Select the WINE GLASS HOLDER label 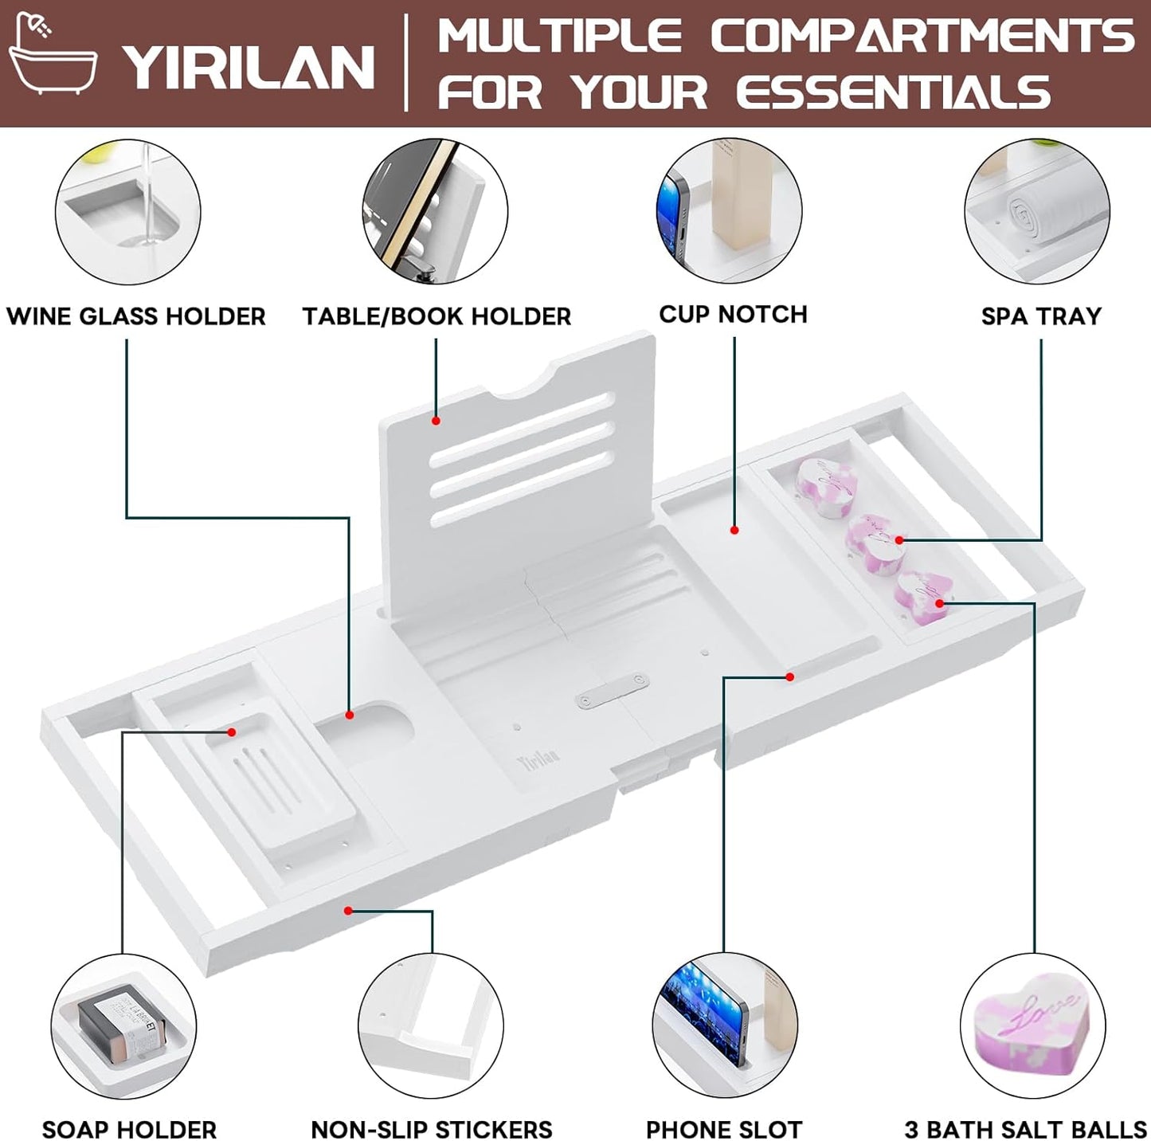pyautogui.click(x=136, y=316)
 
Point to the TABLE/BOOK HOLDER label pyautogui.click(x=437, y=316)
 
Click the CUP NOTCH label pyautogui.click(x=734, y=315)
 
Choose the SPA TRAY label pyautogui.click(x=1041, y=316)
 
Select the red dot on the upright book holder pyautogui.click(x=436, y=421)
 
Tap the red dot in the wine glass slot pyautogui.click(x=350, y=715)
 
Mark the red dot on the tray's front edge pyautogui.click(x=348, y=910)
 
